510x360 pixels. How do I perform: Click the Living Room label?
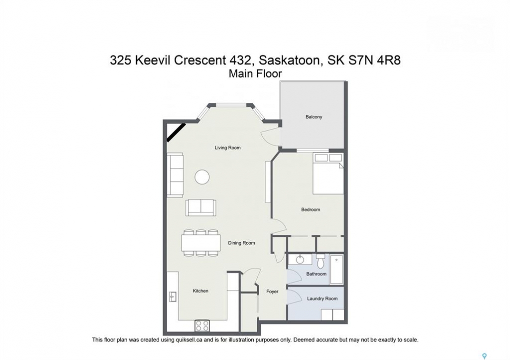[227, 147]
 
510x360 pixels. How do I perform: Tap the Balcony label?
[313, 116]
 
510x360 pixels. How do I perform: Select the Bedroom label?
[311, 209]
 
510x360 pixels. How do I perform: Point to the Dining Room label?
[241, 242]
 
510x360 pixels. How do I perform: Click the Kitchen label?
[200, 291]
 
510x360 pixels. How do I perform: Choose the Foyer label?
[272, 291]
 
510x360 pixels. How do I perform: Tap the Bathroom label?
[316, 274]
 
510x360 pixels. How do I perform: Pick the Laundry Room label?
[322, 298]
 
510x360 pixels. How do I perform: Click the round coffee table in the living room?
[202, 177]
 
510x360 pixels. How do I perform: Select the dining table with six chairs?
[201, 242]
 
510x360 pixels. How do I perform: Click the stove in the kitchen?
[202, 325]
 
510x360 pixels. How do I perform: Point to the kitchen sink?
[172, 296]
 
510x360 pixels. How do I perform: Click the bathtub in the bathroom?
[337, 269]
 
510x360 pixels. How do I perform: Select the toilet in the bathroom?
[320, 261]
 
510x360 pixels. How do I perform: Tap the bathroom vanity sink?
[300, 259]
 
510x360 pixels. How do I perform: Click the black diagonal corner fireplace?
[176, 132]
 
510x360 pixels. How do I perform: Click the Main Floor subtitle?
[255, 73]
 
